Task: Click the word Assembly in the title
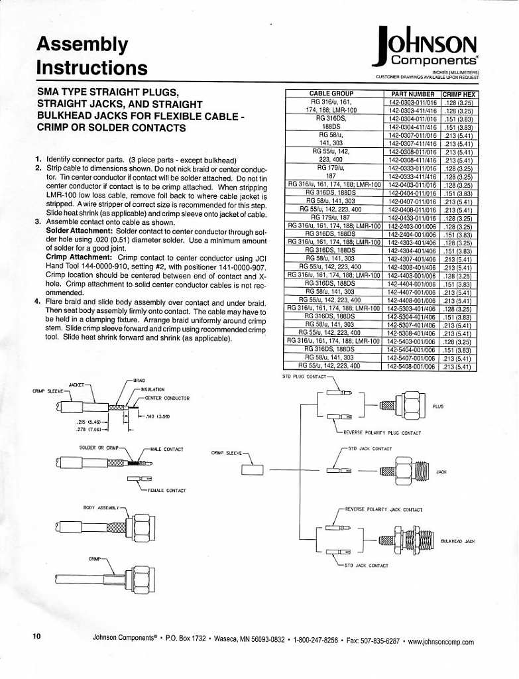point(82,44)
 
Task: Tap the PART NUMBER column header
point(412,94)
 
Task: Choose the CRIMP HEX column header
point(459,94)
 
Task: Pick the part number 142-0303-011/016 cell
point(412,103)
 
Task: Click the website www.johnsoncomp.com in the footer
point(441,642)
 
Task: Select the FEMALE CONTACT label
point(166,491)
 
